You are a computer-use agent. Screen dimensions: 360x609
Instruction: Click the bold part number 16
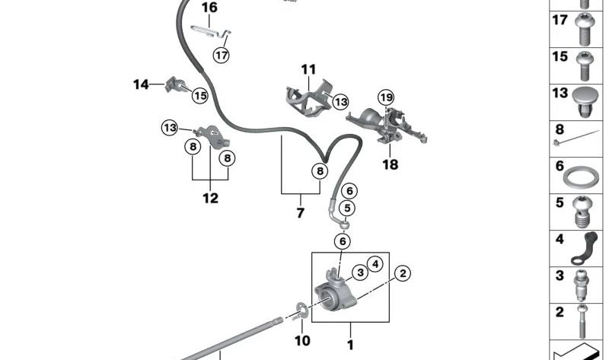point(209,8)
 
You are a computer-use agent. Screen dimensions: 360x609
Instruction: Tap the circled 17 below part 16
point(221,55)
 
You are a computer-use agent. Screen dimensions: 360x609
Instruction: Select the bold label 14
point(142,84)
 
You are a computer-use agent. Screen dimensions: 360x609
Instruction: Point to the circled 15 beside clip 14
point(199,96)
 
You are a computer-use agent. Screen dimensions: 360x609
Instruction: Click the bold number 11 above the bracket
point(308,69)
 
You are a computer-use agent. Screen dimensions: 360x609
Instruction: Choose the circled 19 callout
point(387,97)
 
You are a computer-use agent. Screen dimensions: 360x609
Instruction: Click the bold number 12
point(210,199)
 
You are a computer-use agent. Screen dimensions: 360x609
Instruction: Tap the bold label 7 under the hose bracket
point(300,213)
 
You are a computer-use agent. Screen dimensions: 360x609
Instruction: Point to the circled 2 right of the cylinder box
point(403,272)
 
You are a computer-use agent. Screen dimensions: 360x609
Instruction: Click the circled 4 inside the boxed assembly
point(374,264)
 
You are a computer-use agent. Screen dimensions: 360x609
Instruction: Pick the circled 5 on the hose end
point(347,209)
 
